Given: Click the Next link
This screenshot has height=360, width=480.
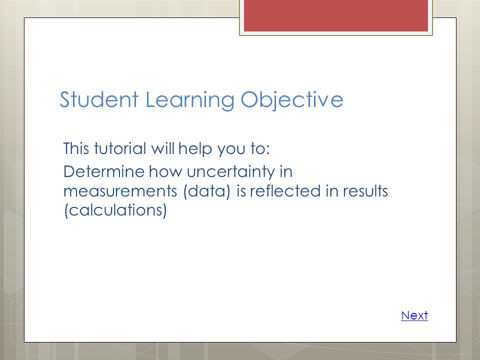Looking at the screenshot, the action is tap(414, 315).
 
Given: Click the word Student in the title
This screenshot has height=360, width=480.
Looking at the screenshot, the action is tap(99, 99).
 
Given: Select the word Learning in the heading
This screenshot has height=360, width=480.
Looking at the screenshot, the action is tap(190, 100).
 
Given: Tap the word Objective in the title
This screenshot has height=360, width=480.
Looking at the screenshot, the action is tap(291, 100).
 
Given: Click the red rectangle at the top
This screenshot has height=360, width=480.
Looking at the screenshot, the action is tap(336, 15).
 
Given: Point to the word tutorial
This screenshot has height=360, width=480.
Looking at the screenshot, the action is tap(120, 148).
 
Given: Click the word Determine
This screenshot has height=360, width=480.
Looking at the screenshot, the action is tap(104, 171).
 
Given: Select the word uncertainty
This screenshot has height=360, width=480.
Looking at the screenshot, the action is tap(231, 172).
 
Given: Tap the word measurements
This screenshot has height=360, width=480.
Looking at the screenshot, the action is tap(120, 191).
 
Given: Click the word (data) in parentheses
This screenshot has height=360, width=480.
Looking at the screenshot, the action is tap(206, 191).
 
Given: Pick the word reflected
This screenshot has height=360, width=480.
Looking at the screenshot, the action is tap(285, 190).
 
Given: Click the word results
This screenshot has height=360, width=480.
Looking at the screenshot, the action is tap(365, 190).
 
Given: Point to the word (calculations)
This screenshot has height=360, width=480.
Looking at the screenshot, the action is tap(115, 210).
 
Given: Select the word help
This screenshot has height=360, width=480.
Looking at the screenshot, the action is tap(195, 149).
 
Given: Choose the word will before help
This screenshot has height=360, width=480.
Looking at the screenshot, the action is tap(163, 148).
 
